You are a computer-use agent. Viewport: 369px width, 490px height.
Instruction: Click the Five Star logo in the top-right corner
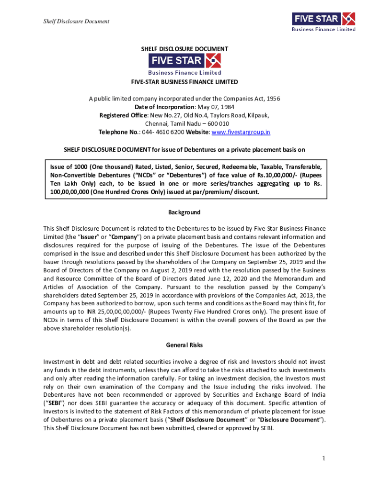tap(323, 22)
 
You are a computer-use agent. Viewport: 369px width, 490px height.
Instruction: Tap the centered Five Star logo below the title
tap(184, 65)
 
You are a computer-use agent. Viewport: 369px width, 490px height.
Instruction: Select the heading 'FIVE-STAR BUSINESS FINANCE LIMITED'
tap(184, 82)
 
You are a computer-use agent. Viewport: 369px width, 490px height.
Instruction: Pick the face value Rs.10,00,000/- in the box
tap(275, 175)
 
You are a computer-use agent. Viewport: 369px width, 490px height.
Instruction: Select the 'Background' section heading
tap(184, 212)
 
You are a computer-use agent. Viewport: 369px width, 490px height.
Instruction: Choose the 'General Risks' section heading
tap(184, 345)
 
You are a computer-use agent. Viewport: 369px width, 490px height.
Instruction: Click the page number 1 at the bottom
tap(324, 459)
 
